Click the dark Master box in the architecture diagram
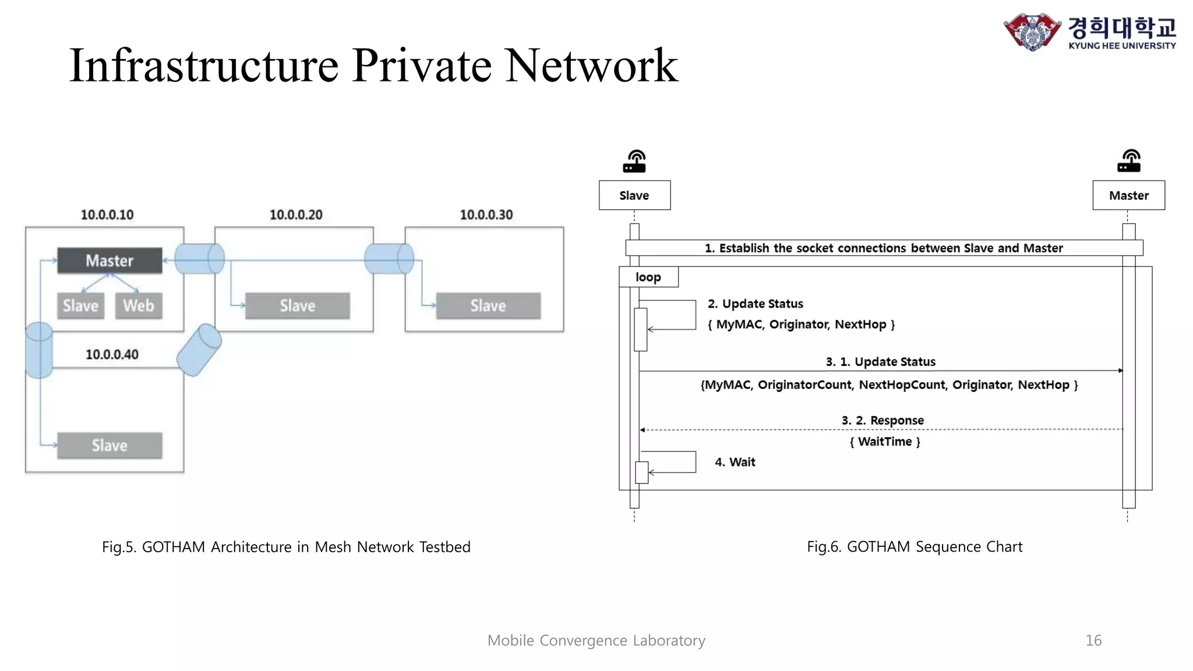point(110,260)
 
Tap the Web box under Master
point(138,306)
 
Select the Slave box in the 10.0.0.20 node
point(297,306)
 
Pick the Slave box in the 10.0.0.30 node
point(488,306)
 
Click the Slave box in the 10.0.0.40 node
point(110,446)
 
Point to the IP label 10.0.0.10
point(107,215)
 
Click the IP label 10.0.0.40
point(112,355)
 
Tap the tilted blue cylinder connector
point(199,349)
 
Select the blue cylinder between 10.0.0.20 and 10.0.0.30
point(389,259)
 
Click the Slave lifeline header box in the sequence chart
point(634,196)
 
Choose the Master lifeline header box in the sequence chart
point(1128,196)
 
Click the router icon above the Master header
point(1128,161)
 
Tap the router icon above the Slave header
point(634,161)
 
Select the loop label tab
point(648,277)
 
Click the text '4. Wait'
point(735,462)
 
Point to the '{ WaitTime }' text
point(885,442)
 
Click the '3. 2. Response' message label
point(883,421)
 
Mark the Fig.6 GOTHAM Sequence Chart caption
point(914,547)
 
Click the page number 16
point(1093,641)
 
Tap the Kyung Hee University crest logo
point(1032,32)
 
